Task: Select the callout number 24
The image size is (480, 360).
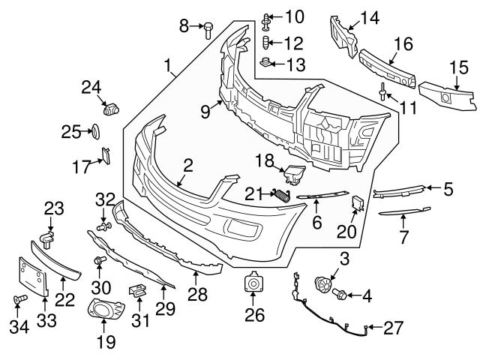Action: pos(91,88)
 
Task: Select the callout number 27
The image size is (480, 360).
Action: pos(393,327)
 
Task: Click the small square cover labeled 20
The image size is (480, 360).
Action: pos(358,203)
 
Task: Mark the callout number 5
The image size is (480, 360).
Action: pos(448,190)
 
